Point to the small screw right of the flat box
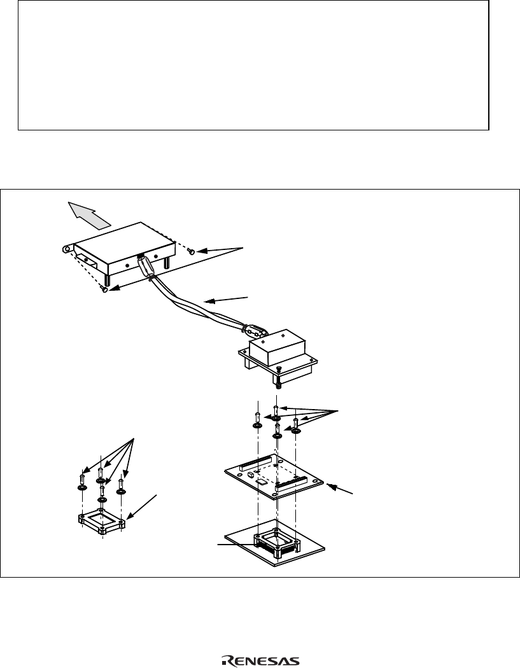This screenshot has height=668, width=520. pyautogui.click(x=192, y=253)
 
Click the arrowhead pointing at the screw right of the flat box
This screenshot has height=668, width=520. pyautogui.click(x=202, y=252)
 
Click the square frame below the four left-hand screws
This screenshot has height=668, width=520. pyautogui.click(x=102, y=520)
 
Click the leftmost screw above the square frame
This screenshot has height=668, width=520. pyautogui.click(x=82, y=481)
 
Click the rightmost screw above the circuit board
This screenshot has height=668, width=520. pyautogui.click(x=296, y=427)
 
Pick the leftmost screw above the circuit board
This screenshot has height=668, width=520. pyautogui.click(x=256, y=421)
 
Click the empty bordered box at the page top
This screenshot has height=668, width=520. pyautogui.click(x=253, y=66)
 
